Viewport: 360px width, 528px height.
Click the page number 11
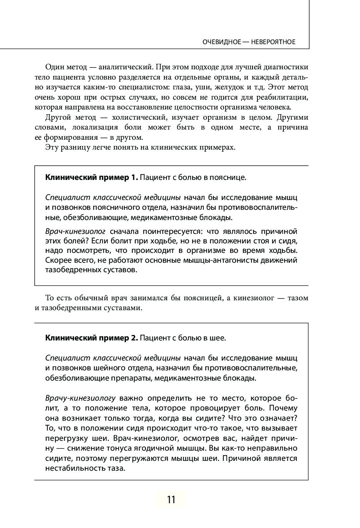coord(171,499)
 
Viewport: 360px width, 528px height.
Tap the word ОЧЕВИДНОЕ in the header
coord(222,42)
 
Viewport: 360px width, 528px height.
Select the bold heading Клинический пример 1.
coord(91,177)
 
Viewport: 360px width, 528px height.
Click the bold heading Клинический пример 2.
coord(91,338)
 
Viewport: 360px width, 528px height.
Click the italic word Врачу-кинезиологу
coord(80,398)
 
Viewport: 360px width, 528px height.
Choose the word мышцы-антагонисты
coord(204,261)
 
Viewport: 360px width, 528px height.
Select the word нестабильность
coord(73,468)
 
